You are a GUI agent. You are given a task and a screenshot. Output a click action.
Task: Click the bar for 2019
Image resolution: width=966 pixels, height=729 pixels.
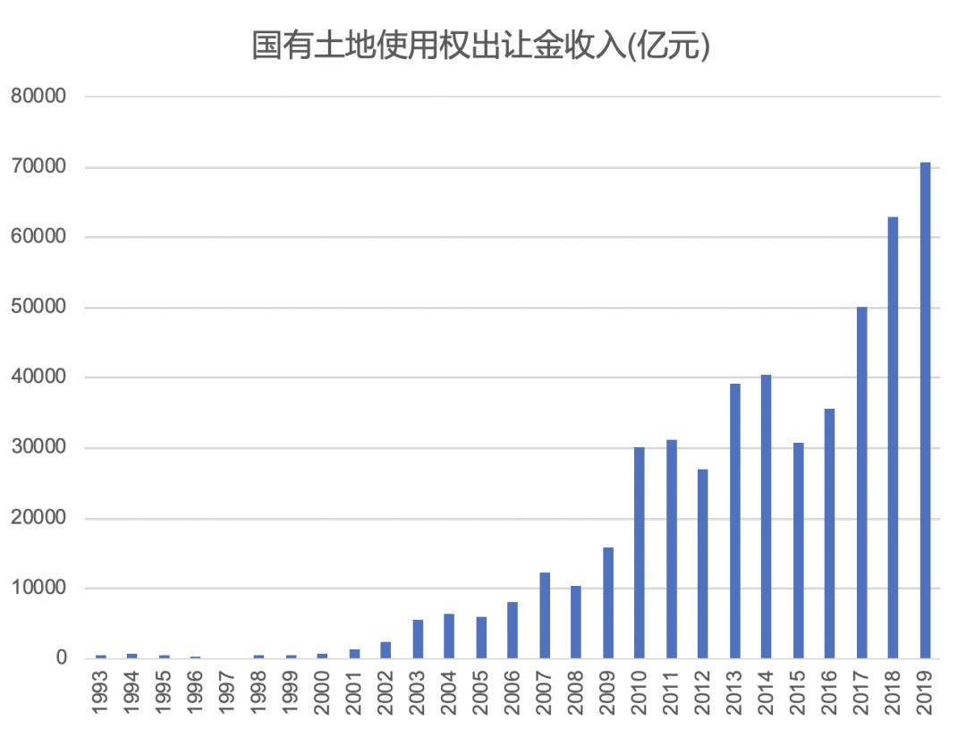coord(925,411)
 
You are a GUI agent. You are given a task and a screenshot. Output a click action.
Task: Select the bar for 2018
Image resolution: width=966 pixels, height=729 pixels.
coord(893,437)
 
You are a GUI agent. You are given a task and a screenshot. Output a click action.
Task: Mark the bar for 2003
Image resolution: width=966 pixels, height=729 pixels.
coord(418,639)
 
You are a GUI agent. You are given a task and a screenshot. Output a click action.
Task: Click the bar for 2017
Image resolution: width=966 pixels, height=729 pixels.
coord(861,482)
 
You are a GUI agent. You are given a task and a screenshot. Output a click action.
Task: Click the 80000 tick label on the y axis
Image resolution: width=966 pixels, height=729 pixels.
coord(39,97)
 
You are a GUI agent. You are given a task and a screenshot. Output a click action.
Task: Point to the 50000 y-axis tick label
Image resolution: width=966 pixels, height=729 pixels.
coord(39,308)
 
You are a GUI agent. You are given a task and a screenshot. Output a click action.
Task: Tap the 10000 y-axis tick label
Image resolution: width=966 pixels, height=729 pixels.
coord(39,589)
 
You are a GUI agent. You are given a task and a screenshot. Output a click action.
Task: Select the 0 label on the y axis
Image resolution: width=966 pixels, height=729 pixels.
coord(62,658)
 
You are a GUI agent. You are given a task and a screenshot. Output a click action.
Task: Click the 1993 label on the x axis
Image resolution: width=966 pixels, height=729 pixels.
coord(101,692)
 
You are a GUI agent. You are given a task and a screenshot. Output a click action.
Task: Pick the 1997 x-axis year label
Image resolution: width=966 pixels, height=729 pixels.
coord(227,692)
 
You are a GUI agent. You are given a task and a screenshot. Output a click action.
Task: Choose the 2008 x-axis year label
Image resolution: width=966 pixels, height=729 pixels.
coord(576,692)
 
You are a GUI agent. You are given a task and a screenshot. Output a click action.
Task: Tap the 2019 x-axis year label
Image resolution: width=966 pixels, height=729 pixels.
coord(925,692)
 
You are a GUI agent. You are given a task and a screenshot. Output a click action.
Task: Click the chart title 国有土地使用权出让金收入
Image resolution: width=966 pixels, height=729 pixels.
coord(438,46)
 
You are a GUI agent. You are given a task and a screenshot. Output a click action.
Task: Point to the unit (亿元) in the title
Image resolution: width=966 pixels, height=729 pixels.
coord(670,46)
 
